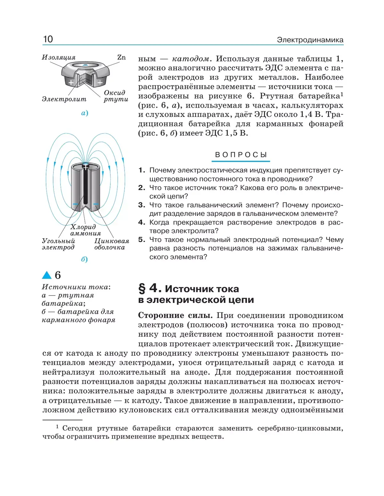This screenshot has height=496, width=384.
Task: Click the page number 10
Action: pyautogui.click(x=48, y=39)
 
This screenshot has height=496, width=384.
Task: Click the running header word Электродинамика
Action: pyautogui.click(x=310, y=40)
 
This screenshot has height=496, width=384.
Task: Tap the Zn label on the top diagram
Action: pyautogui.click(x=122, y=57)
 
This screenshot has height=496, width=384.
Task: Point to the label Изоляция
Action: pyautogui.click(x=59, y=57)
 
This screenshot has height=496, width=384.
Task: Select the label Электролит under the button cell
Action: pyautogui.click(x=64, y=99)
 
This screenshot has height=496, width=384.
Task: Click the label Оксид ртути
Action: pyautogui.click(x=115, y=96)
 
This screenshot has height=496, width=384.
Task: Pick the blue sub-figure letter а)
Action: pyautogui.click(x=84, y=113)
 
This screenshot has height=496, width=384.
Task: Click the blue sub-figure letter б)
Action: pyautogui.click(x=84, y=259)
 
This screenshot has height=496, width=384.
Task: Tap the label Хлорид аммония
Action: pyautogui.click(x=85, y=230)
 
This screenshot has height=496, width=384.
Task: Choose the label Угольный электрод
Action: pyautogui.click(x=58, y=244)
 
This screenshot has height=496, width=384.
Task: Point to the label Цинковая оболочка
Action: pyautogui.click(x=111, y=244)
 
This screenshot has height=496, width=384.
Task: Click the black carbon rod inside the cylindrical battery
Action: pyautogui.click(x=86, y=186)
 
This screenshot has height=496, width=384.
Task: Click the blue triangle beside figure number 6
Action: pyautogui.click(x=47, y=275)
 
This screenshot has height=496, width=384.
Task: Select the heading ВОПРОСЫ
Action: pyautogui.click(x=241, y=155)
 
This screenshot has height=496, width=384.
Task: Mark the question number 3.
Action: pyautogui.click(x=141, y=205)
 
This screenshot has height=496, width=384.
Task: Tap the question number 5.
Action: pyautogui.click(x=141, y=240)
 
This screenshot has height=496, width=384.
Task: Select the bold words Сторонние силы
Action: pyautogui.click(x=175, y=315)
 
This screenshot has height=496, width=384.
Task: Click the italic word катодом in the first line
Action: pyautogui.click(x=191, y=59)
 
